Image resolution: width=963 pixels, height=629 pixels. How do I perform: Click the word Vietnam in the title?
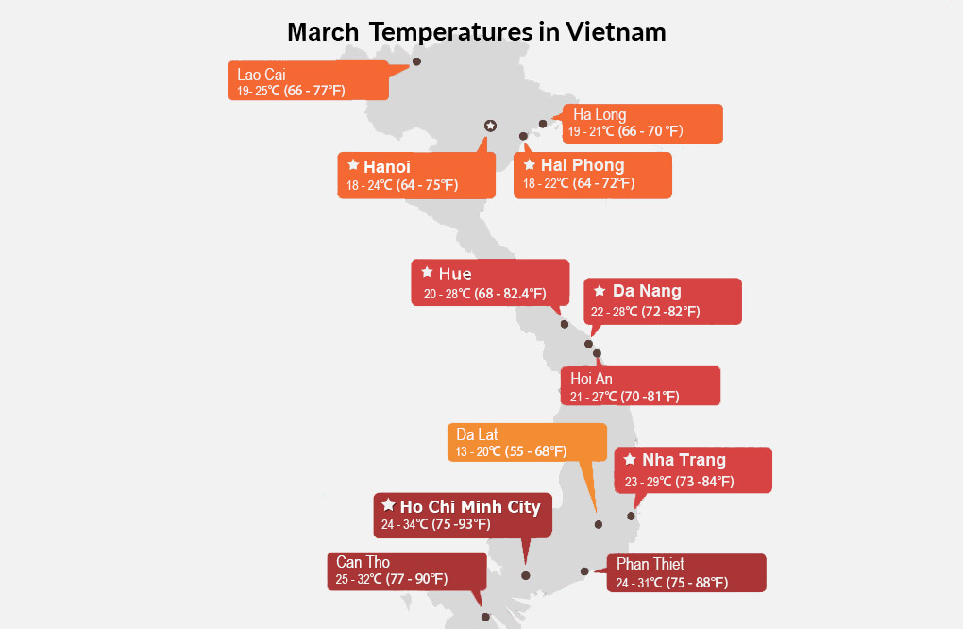point(616,32)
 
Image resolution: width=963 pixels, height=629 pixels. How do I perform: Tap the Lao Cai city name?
point(262,75)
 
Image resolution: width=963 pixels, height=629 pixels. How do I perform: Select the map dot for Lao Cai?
point(416,61)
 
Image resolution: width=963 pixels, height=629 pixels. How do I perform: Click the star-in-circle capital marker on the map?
point(490,126)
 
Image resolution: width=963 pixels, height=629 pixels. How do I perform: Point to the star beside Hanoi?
point(353,164)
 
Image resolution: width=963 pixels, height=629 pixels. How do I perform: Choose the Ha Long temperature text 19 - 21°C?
point(591,131)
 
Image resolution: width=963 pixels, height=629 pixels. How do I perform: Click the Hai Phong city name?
point(583,165)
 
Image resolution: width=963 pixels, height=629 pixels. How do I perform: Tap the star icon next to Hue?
point(427,271)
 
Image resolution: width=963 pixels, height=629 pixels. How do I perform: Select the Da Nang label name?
point(647,291)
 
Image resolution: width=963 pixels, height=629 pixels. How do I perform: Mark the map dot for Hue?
point(565,324)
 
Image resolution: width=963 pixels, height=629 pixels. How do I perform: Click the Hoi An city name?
point(591,379)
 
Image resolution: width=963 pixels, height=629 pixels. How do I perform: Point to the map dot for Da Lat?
point(599,524)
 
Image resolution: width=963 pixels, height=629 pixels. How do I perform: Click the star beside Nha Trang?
point(630,459)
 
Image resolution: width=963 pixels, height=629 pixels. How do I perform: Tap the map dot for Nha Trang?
point(631,516)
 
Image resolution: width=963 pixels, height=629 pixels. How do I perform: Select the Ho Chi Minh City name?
point(470,507)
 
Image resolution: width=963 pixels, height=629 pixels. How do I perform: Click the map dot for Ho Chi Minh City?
point(525,575)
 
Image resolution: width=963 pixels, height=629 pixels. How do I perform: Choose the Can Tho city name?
point(363,562)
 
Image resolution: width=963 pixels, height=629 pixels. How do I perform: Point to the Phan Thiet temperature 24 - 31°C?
point(639,583)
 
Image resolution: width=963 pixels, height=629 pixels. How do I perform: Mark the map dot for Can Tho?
point(485,617)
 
